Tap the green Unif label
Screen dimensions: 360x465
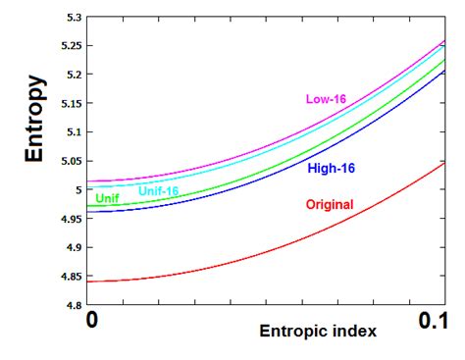pos(109,199)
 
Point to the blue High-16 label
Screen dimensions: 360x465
pos(331,169)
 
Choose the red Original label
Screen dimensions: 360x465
pos(330,206)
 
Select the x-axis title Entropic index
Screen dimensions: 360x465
pos(317,332)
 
